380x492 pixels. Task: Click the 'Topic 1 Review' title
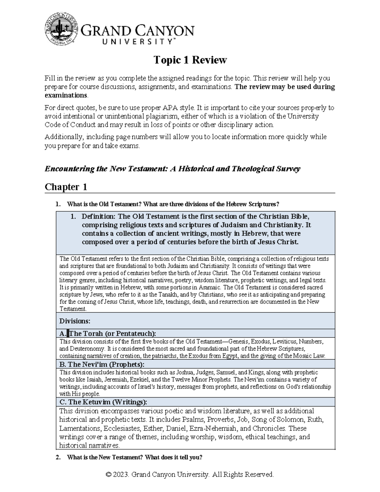point(190,60)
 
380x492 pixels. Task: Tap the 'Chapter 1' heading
point(66,187)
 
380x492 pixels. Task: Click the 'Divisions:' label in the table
point(75,321)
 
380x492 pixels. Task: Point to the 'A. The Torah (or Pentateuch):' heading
point(108,333)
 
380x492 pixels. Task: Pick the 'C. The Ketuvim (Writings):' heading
point(103,402)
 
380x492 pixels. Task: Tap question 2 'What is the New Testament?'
point(135,457)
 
